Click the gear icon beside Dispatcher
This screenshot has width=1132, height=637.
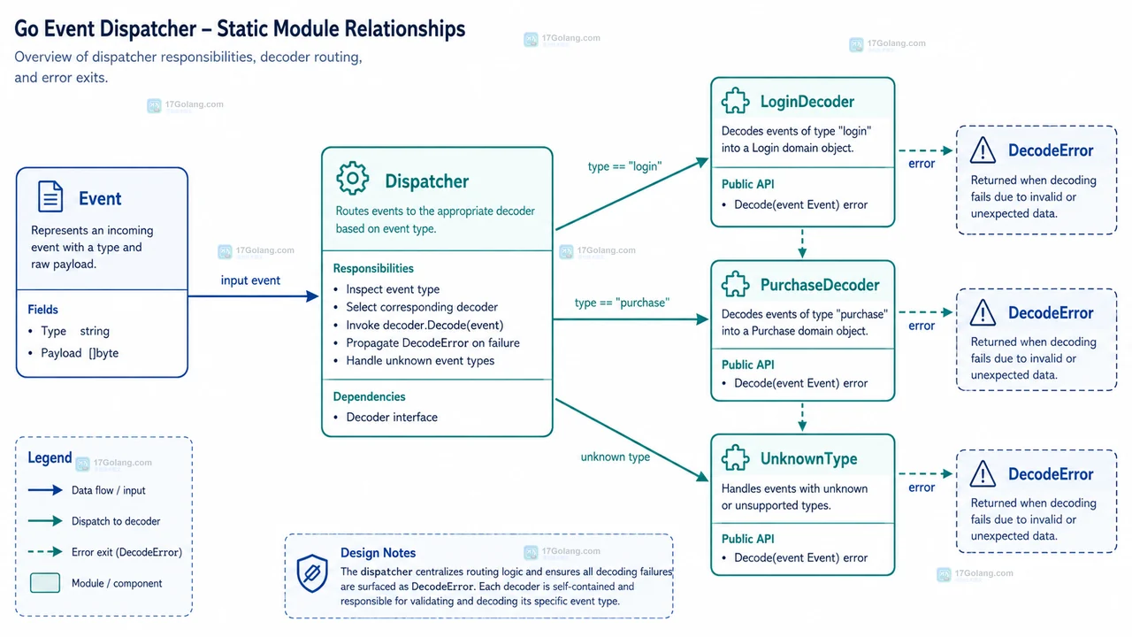(x=352, y=178)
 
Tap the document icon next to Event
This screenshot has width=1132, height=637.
(x=50, y=196)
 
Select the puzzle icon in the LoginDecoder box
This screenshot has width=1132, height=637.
(x=735, y=101)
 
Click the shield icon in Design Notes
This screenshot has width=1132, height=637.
(x=312, y=572)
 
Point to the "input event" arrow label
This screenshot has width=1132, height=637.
(x=250, y=280)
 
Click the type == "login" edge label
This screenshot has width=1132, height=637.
(x=624, y=166)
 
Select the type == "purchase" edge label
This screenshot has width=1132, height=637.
(x=622, y=303)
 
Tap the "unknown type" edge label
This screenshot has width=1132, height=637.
(x=615, y=457)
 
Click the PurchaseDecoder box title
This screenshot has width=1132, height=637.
(x=820, y=285)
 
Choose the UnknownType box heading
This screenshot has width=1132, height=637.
(x=808, y=458)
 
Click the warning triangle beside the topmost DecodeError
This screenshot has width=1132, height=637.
(x=983, y=150)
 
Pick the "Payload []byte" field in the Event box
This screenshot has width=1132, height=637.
(x=80, y=353)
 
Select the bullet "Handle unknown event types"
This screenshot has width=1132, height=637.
(x=420, y=360)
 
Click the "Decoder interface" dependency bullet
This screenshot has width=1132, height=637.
(x=392, y=417)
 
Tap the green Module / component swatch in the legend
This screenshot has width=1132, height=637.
(x=45, y=583)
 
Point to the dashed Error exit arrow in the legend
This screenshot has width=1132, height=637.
(x=45, y=551)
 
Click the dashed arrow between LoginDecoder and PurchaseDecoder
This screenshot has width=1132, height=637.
(x=802, y=243)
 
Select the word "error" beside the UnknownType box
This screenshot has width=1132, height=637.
(x=922, y=487)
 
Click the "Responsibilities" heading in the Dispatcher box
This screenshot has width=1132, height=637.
(x=373, y=268)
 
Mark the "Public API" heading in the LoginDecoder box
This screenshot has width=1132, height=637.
(x=747, y=184)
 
